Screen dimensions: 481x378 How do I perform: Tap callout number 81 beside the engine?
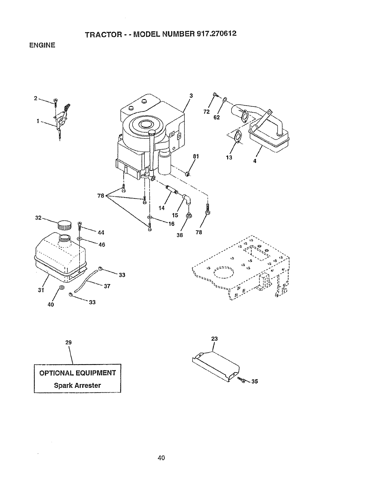pyautogui.click(x=196, y=156)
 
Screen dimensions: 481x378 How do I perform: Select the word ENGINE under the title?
pyautogui.click(x=42, y=45)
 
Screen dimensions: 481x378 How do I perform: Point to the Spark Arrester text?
pyautogui.click(x=77, y=385)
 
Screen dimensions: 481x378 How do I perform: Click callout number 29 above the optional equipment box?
pyautogui.click(x=68, y=343)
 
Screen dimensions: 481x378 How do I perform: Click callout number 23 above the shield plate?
pyautogui.click(x=215, y=339)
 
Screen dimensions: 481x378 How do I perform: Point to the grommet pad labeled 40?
pyautogui.click(x=61, y=287)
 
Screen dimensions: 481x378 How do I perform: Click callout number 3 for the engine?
pyautogui.click(x=191, y=96)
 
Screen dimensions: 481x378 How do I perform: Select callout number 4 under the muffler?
pyautogui.click(x=255, y=161)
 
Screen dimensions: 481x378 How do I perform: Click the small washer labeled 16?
pyautogui.click(x=149, y=217)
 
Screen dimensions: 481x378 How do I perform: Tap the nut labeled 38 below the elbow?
pyautogui.click(x=189, y=216)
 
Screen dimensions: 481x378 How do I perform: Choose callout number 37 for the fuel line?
pyautogui.click(x=107, y=286)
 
